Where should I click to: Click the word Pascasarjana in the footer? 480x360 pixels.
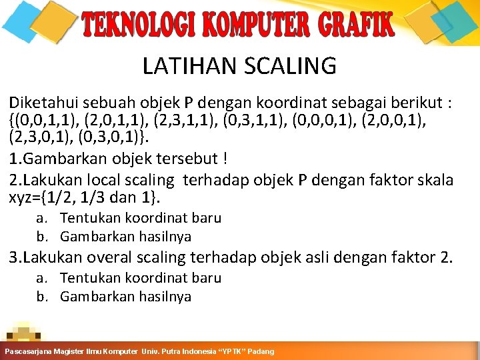tap(30, 351)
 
